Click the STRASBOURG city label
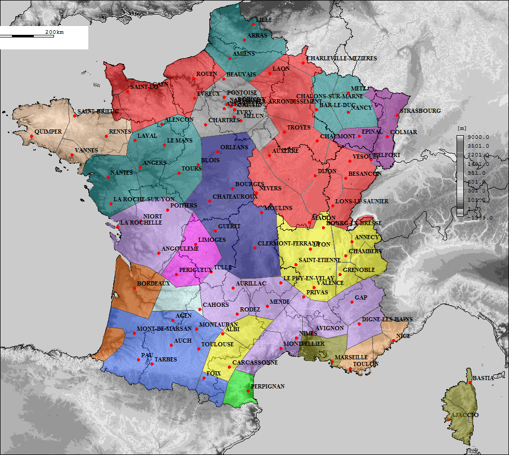click(421, 111)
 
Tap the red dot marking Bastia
click(470, 383)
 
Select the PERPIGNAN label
click(268, 386)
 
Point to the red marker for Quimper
click(32, 136)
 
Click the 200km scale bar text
click(55, 32)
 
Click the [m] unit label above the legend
click(460, 128)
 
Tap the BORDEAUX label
click(153, 284)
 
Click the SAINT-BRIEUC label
click(98, 112)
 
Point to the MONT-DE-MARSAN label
click(164, 329)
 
